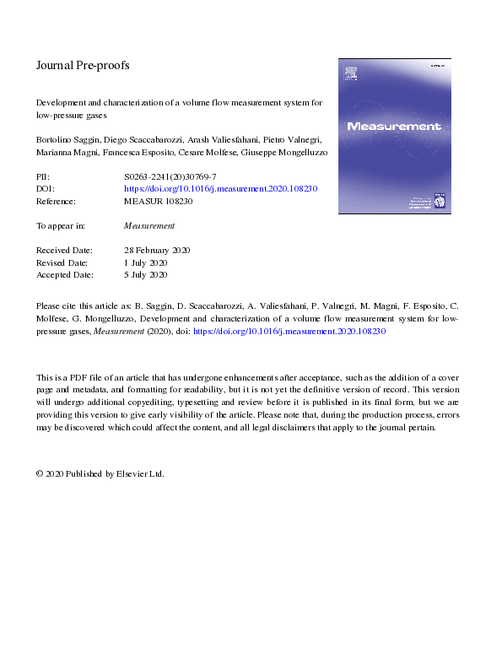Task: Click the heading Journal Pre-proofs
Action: coord(83,65)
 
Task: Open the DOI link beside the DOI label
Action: coord(220,190)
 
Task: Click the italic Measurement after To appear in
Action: coord(149,226)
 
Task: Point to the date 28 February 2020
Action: coord(157,251)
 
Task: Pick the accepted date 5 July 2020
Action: coord(146,274)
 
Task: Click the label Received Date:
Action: coord(64,251)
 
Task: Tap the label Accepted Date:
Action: coord(65,274)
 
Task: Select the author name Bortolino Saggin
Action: coord(67,139)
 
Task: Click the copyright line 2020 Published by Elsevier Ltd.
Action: coord(100,473)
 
